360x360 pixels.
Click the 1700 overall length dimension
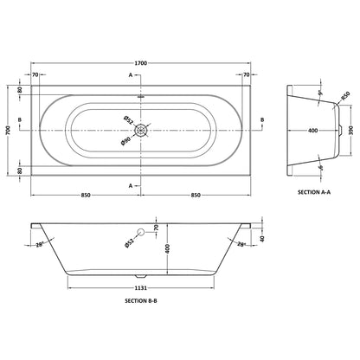pyautogui.click(x=140, y=63)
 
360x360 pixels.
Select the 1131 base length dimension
pyautogui.click(x=140, y=288)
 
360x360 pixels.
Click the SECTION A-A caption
pyautogui.click(x=314, y=192)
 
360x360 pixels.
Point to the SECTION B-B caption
pyautogui.click(x=141, y=300)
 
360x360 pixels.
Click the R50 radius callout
pyautogui.click(x=345, y=95)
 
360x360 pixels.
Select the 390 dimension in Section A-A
pyautogui.click(x=351, y=131)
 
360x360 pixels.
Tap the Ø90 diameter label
pyautogui.click(x=126, y=141)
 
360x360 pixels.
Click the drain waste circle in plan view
pyautogui.click(x=141, y=131)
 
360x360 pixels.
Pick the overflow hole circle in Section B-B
pyautogui.click(x=141, y=232)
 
